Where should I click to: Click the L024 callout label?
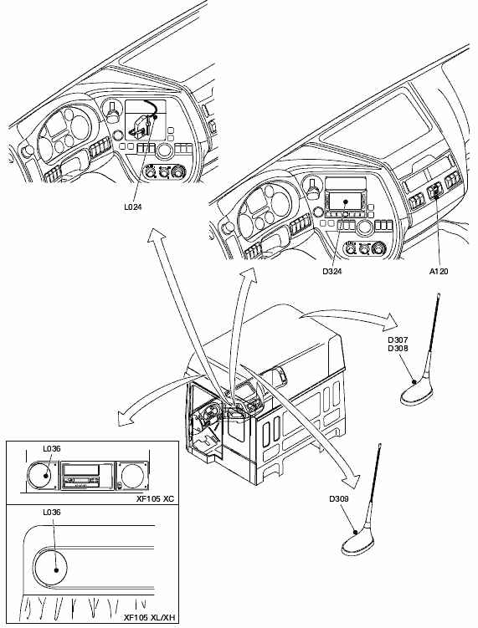point(132,207)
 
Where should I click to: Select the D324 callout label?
point(332,271)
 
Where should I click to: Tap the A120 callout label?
point(439,271)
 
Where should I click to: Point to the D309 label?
point(339,498)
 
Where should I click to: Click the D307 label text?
point(398,340)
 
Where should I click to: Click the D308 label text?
point(398,348)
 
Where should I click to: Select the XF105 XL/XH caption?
point(150,617)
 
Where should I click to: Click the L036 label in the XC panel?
point(52,448)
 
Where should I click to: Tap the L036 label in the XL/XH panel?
point(52,512)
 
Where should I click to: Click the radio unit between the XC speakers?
point(87,476)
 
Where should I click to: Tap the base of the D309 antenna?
point(359,544)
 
